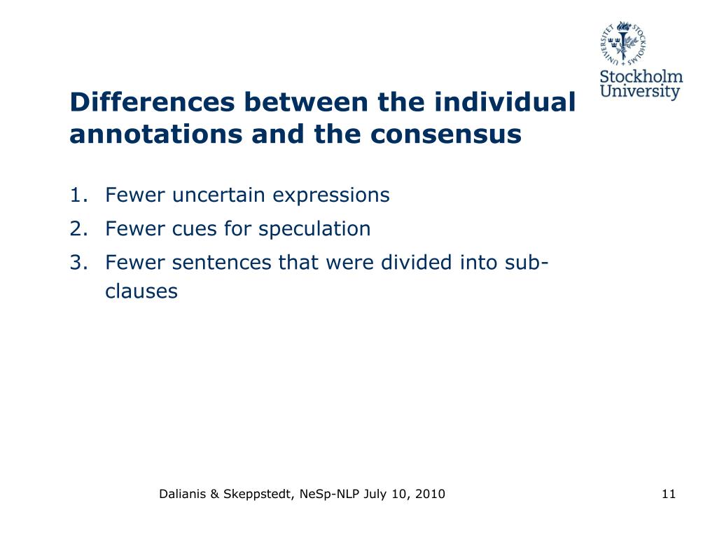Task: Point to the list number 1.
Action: coord(77,195)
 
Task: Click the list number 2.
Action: coord(77,228)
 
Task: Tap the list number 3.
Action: coord(77,262)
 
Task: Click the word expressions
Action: coord(330,195)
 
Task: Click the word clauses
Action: coord(141,291)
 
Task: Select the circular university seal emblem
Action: coord(623,43)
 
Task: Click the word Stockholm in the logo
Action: coord(641,76)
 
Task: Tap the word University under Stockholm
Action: coord(641,92)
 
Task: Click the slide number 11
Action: coord(668,495)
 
